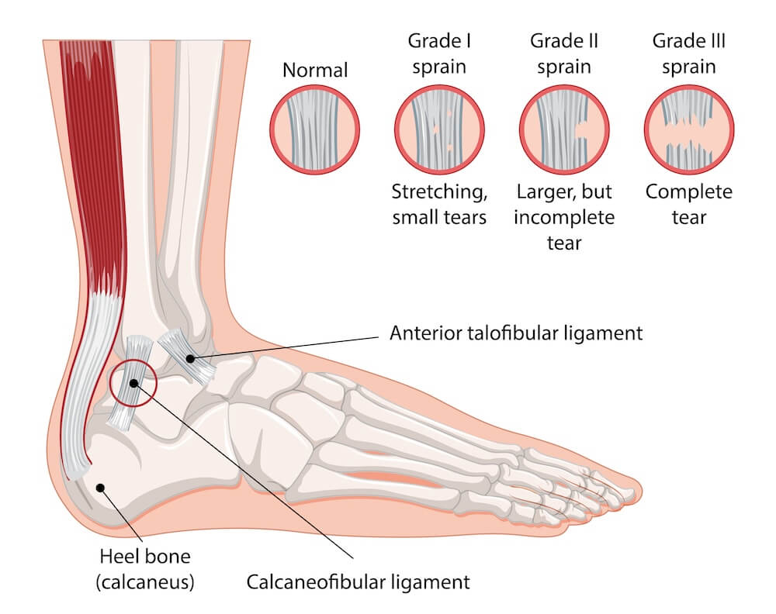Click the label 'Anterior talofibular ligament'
tap(516, 334)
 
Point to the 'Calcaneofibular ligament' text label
tap(358, 581)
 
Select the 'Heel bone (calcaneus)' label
tap(145, 567)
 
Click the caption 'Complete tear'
tap(688, 204)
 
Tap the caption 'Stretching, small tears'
tap(439, 204)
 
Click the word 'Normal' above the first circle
tap(314, 71)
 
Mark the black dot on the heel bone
tap(100, 487)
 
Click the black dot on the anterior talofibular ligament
tap(190, 358)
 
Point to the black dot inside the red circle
tap(133, 383)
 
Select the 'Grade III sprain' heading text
tap(688, 53)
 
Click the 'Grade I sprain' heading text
tap(439, 53)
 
